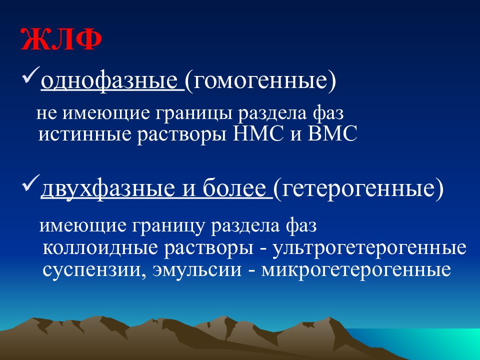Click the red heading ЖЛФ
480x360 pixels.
[61, 39]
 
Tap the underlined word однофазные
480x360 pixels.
[109, 81]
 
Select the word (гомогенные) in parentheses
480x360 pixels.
[260, 81]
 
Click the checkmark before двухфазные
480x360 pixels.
[31, 183]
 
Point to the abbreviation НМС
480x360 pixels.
[258, 133]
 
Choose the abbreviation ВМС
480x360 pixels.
[332, 133]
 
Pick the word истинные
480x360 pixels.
[84, 134]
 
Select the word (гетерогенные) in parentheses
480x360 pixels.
[358, 188]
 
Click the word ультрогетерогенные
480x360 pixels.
[369, 248]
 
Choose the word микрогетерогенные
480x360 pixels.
[356, 270]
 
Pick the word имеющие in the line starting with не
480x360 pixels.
[106, 113]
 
